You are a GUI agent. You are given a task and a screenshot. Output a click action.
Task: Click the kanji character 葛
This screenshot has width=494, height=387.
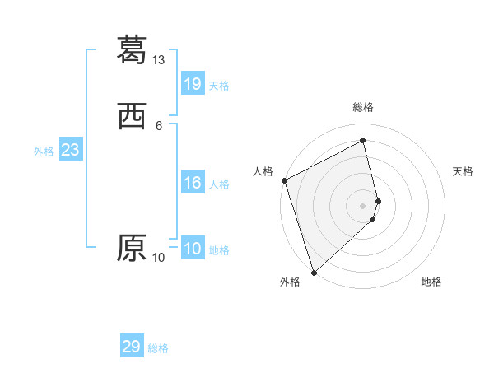tap(132, 49)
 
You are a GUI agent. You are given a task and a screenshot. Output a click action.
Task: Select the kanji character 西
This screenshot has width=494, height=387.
tap(132, 118)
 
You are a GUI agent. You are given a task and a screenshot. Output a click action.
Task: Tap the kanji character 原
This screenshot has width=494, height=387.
tap(132, 248)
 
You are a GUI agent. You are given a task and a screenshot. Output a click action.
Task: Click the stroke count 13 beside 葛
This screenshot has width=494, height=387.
tap(159, 60)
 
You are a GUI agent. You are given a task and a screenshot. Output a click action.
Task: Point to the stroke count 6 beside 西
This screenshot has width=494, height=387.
tap(159, 125)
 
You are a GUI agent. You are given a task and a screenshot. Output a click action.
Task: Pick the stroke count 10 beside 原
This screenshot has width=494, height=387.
tap(159, 258)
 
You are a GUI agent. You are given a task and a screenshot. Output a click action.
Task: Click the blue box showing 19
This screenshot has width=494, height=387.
tap(193, 83)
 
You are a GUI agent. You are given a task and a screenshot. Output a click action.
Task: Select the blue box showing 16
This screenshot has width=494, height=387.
tap(193, 183)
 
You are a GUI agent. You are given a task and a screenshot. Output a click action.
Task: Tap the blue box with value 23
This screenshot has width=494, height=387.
tap(70, 150)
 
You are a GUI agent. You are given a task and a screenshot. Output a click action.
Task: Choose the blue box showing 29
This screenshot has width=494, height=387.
tap(132, 347)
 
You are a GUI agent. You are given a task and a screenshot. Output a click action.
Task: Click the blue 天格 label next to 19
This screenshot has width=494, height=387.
tap(219, 85)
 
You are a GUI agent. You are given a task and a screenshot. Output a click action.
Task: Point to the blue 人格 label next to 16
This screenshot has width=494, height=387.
tap(219, 184)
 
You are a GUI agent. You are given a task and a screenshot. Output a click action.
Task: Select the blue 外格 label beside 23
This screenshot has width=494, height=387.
tap(44, 152)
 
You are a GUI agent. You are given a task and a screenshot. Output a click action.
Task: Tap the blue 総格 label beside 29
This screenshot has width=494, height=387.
tap(158, 348)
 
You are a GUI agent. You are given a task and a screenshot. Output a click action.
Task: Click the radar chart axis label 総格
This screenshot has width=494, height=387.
tap(363, 107)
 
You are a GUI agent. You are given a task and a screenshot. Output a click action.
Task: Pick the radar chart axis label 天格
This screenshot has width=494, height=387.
tap(464, 171)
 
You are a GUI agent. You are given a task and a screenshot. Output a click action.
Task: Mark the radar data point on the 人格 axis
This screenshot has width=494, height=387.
tap(284, 180)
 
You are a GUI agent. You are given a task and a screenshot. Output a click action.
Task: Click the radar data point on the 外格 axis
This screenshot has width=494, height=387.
tap(314, 272)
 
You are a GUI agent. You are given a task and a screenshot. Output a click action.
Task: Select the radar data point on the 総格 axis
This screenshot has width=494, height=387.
tap(363, 141)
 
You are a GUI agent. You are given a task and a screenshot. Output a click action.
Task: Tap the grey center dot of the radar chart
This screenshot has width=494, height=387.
tap(363, 205)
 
